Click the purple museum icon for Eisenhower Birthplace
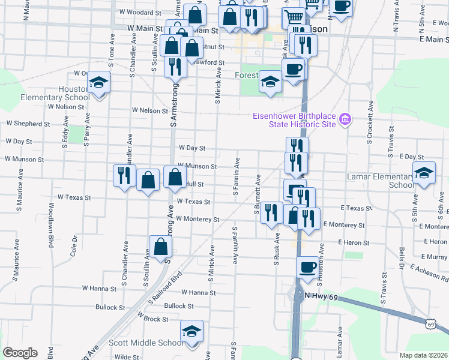[x=345, y=120]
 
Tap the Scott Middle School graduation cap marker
[x=192, y=331]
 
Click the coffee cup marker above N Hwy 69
[x=308, y=267]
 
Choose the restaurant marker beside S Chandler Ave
[x=124, y=175]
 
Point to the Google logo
[x=20, y=353]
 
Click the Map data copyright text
[x=423, y=355]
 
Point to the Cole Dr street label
[x=74, y=245]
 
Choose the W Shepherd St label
[x=28, y=124]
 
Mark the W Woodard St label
[x=140, y=12]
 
